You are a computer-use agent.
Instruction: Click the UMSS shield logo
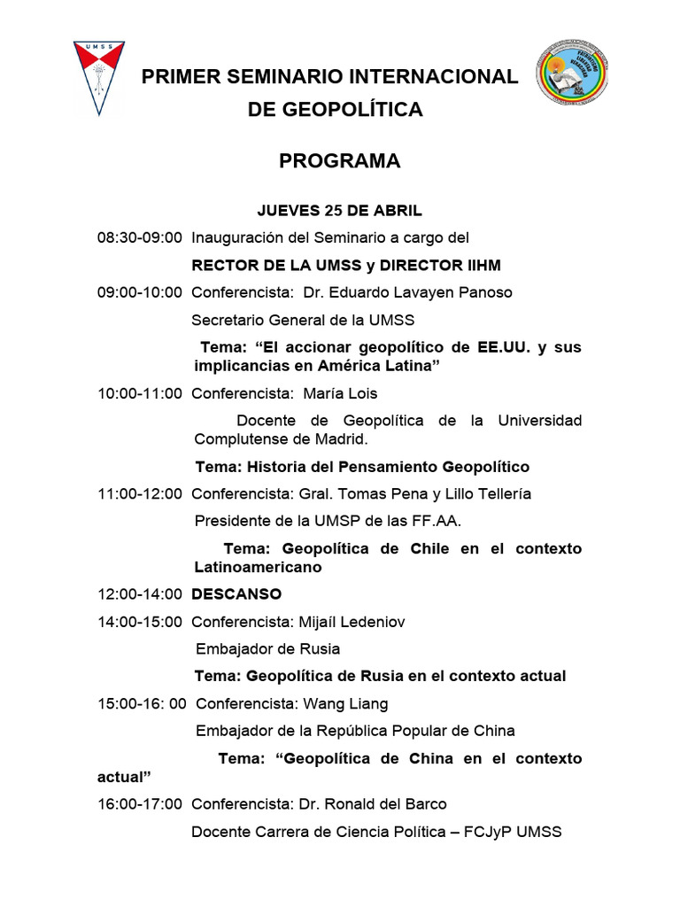[x=98, y=78]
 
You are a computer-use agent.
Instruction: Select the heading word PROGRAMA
[x=340, y=161]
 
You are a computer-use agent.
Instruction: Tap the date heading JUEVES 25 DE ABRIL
[x=340, y=211]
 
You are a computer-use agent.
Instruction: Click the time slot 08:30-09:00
[x=140, y=237]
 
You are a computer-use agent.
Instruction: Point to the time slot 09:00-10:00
[x=140, y=292]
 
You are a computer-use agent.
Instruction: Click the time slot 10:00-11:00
[x=140, y=393]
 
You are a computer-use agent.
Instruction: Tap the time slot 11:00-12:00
[x=140, y=493]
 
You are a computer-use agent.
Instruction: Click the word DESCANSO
[x=236, y=593]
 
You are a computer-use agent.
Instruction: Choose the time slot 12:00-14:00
[x=140, y=593]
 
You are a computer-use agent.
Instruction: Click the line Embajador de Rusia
[x=267, y=648]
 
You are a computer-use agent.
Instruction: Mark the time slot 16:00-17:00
[x=140, y=804]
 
